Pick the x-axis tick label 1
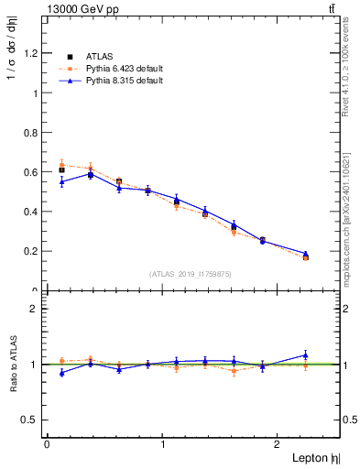[163, 444]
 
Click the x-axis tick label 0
[47, 444]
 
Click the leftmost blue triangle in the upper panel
[61, 182]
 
